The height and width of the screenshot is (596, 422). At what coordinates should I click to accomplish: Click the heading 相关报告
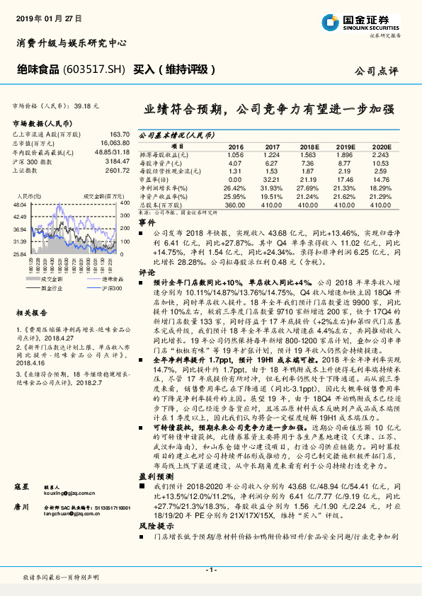point(32,312)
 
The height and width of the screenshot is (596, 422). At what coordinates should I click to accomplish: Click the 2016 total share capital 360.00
point(234,204)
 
